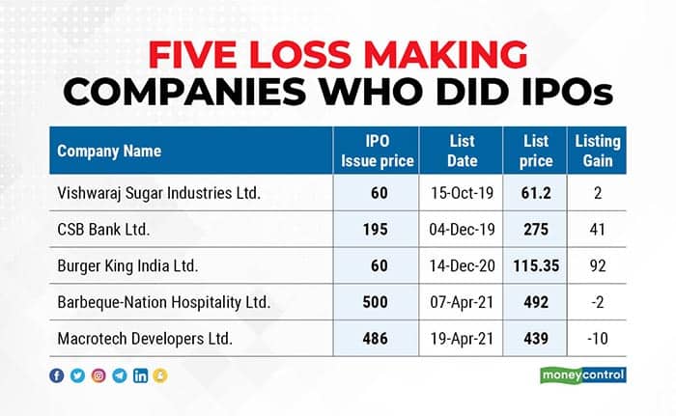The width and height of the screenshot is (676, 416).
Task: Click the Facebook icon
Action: pyautogui.click(x=58, y=375)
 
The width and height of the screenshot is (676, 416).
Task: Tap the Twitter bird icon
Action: pyautogui.click(x=78, y=375)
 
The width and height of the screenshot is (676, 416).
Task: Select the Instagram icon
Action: pyautogui.click(x=99, y=375)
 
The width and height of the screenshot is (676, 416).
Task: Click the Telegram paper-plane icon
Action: pyautogui.click(x=119, y=375)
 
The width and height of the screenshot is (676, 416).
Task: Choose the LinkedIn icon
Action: pyautogui.click(x=141, y=375)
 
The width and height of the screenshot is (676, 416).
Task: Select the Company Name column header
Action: pyautogui.click(x=109, y=152)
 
